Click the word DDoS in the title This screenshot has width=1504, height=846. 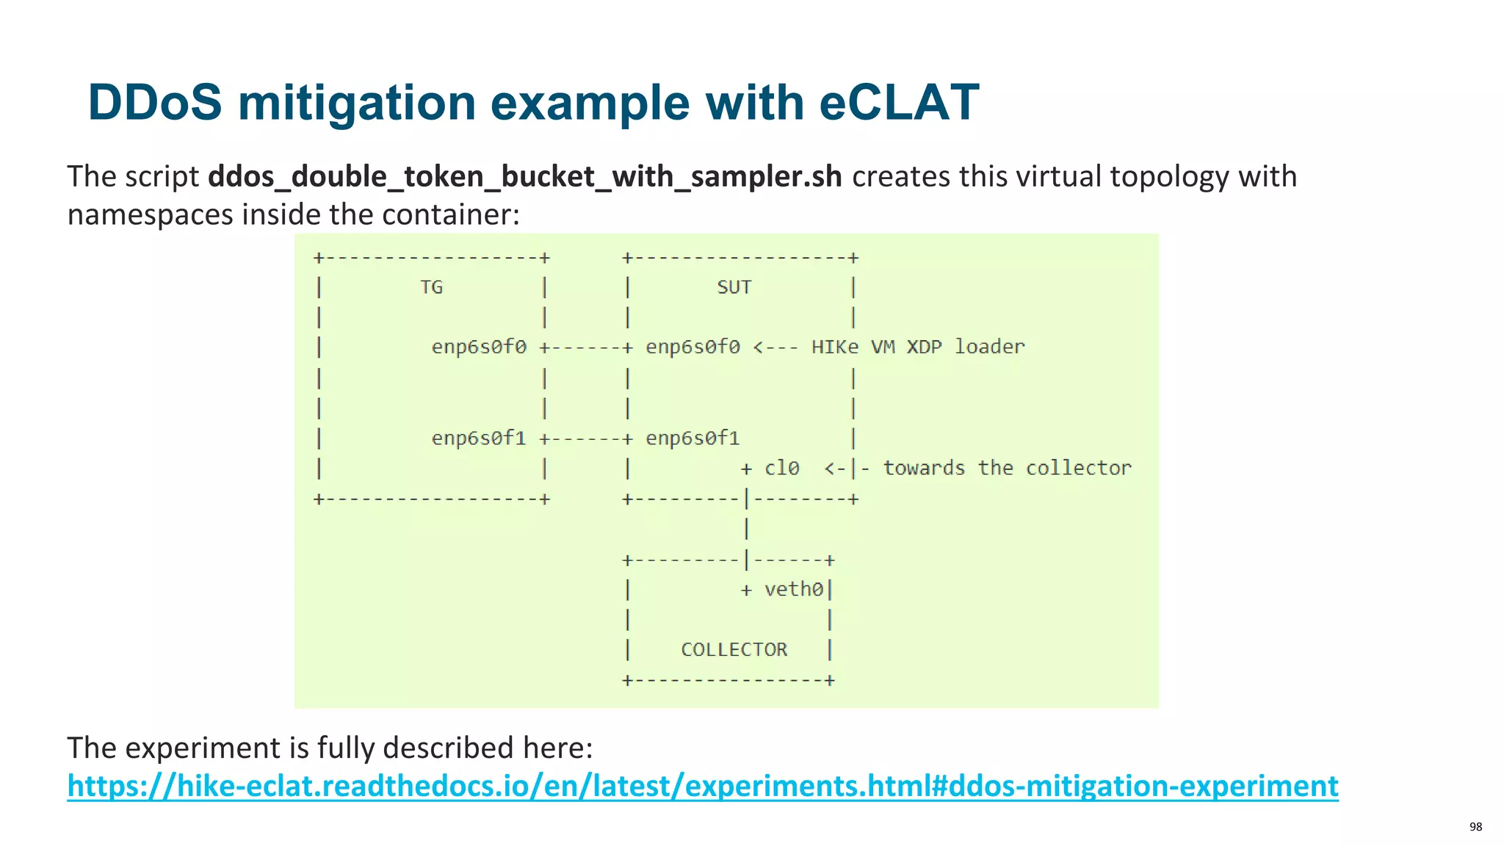154,102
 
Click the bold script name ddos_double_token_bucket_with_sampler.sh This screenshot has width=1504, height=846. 524,177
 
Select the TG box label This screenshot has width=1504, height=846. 431,287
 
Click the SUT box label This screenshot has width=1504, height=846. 734,287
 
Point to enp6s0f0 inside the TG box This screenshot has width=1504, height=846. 479,347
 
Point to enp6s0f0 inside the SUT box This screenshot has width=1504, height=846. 693,347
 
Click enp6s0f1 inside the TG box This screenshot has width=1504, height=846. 479,438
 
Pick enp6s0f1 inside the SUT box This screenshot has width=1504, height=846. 693,438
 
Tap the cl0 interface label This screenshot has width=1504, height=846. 781,469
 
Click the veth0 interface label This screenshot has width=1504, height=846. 793,590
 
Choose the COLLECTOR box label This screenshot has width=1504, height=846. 734,650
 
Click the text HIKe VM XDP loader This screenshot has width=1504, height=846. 917,347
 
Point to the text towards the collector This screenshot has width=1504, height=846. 1007,469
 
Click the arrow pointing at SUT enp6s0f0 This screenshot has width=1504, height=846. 775,347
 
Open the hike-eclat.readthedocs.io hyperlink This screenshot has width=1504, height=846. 702,786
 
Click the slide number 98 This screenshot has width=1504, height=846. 1475,827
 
